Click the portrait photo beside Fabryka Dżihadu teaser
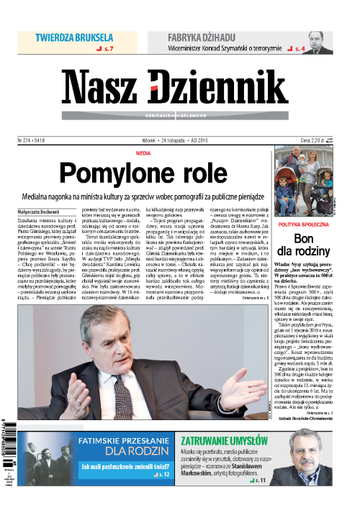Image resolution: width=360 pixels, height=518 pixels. tap(315, 42)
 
